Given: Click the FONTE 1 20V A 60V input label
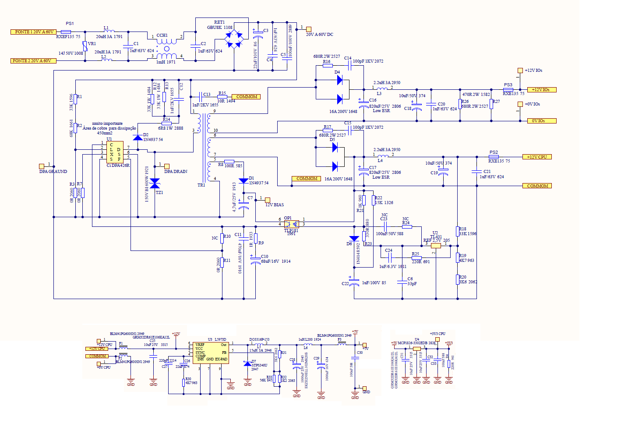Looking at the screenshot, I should tap(33, 32).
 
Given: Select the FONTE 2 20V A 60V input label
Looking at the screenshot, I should tap(33, 61).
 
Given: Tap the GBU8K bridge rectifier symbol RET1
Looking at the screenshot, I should tap(234, 39).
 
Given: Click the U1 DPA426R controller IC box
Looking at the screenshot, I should tap(115, 152).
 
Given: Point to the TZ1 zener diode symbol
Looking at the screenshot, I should tap(155, 183).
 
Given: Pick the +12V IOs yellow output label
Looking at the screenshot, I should tap(541, 90).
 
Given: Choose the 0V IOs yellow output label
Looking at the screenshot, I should tap(541, 121).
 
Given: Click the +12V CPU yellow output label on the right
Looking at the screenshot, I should tap(537, 157).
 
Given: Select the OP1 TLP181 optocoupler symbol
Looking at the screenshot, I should tap(291, 224).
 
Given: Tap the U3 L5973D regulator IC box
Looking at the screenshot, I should tap(210, 352).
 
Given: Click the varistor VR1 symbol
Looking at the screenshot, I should tap(85, 46).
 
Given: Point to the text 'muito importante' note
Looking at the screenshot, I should tap(107, 123).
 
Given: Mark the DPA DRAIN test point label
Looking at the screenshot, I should tap(176, 172).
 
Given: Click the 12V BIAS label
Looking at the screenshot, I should tap(275, 205).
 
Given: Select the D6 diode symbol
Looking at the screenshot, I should tap(354, 239).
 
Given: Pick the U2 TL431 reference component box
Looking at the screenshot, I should tap(436, 246).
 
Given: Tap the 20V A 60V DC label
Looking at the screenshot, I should tap(319, 35).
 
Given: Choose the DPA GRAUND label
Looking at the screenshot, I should tap(53, 172).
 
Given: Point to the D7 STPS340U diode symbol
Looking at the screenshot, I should tap(247, 364).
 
